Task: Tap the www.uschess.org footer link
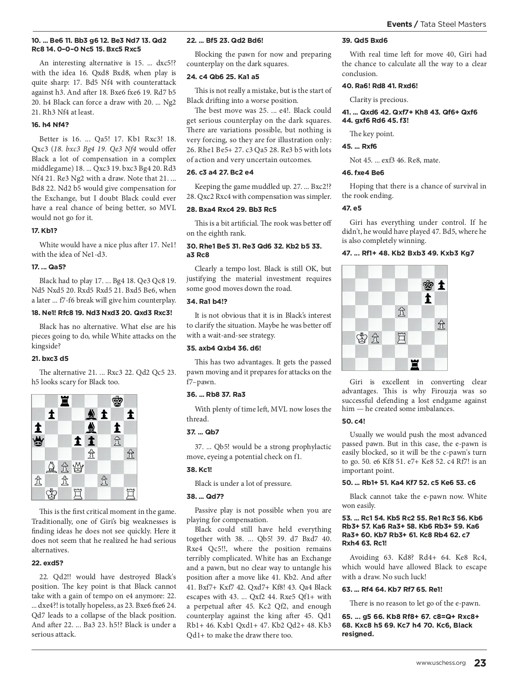441,663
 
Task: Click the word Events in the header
399,24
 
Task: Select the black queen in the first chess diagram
38,441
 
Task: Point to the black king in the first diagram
117,402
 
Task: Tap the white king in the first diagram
51,493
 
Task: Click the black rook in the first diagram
65,402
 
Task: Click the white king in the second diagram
362,338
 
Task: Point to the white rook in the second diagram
401,338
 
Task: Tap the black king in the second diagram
428,285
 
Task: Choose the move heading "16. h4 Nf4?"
50,125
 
